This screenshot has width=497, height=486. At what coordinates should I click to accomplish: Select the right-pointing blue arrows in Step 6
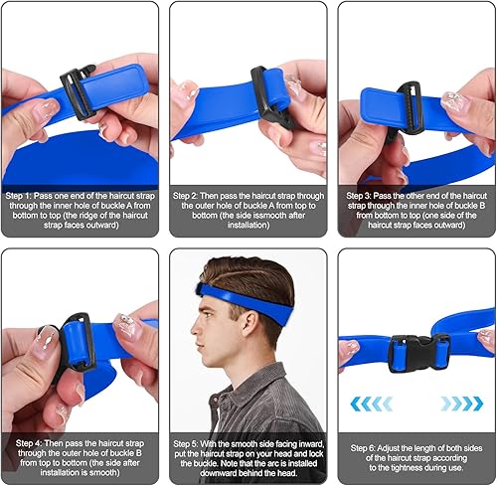tap(462, 403)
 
